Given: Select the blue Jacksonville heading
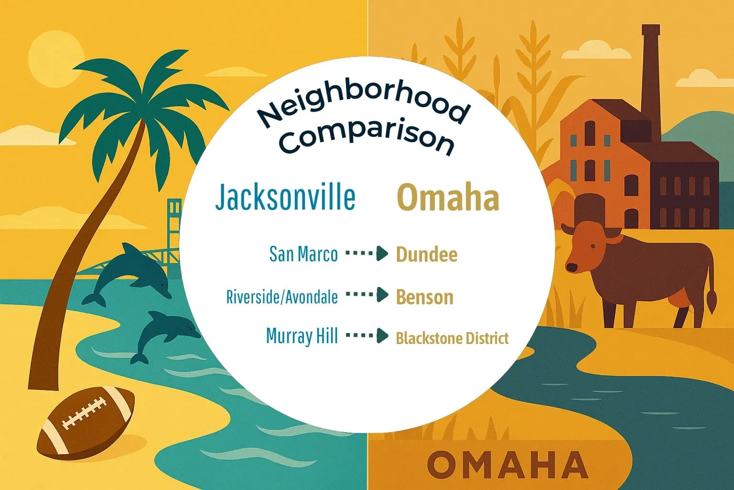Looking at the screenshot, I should (285, 197).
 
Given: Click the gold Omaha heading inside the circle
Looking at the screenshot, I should (448, 198).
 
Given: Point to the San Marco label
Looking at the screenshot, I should (303, 254).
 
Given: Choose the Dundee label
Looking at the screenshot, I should (427, 255).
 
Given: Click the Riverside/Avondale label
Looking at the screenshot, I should (282, 297).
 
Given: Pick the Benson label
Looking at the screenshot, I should (424, 297).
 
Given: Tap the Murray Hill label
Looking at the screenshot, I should (302, 336).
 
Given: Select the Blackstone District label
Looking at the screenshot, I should (452, 339).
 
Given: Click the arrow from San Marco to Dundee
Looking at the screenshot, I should (367, 254).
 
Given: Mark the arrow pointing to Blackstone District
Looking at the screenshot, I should (367, 336).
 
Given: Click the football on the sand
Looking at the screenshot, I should (86, 421).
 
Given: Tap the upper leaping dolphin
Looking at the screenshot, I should (131, 273).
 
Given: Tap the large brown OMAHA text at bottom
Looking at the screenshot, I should (507, 464).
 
